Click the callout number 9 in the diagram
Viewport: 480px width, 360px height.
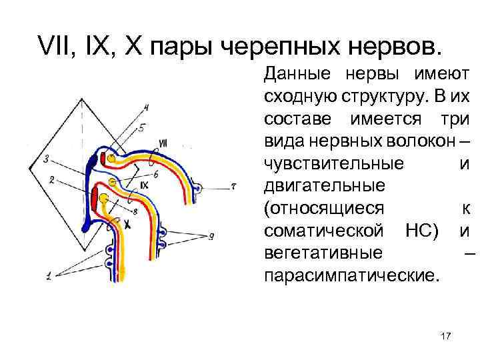coord(211,235)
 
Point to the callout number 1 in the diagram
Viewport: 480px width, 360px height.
coord(49,275)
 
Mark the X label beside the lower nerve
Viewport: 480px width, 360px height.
coord(126,226)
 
